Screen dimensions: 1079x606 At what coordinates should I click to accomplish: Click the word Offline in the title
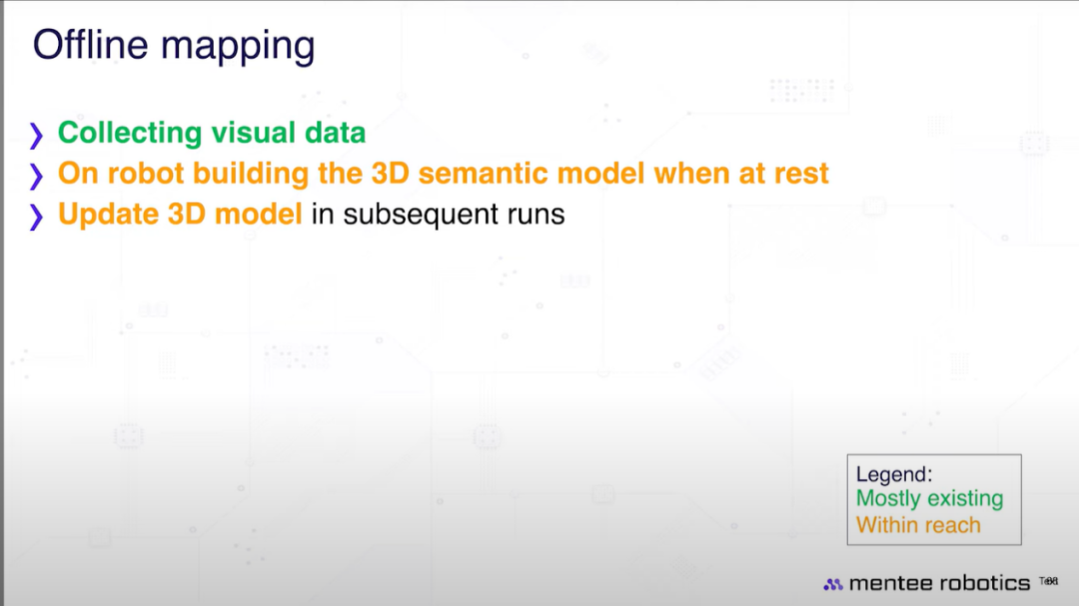[x=90, y=45]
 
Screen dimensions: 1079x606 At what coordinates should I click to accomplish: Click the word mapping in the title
[x=238, y=48]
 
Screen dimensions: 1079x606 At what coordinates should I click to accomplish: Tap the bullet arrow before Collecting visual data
[x=37, y=135]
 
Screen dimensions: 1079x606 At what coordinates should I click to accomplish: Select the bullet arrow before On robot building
[x=37, y=176]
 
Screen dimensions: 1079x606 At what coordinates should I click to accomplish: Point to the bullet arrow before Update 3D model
[x=37, y=216]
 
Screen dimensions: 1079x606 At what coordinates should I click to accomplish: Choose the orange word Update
[x=108, y=215]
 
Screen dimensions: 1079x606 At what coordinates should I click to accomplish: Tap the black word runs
[x=537, y=216]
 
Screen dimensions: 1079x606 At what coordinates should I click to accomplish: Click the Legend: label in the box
[x=894, y=475]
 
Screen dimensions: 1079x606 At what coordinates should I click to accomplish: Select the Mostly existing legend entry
[x=930, y=499]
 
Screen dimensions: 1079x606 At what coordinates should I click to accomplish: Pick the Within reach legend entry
[x=918, y=525]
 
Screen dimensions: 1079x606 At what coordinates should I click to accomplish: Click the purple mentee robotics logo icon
[x=832, y=584]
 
